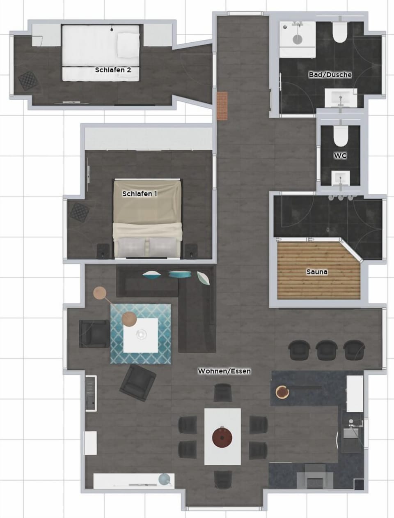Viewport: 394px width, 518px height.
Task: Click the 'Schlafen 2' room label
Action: (113, 70)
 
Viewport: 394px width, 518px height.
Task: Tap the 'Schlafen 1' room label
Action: (140, 193)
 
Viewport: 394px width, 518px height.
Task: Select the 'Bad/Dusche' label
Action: (330, 75)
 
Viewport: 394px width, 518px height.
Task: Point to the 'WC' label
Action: (340, 156)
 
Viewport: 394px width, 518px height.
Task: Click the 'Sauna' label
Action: (317, 272)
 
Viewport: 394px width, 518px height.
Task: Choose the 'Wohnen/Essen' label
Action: (224, 371)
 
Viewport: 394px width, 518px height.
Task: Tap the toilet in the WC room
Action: (340, 136)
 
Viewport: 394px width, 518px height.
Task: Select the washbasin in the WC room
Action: (340, 178)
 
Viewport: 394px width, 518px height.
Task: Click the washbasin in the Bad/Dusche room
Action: (340, 98)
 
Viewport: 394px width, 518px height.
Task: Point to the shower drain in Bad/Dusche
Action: (297, 39)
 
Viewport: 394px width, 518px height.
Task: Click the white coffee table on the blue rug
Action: (141, 335)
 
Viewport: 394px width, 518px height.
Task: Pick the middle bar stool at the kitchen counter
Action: (326, 350)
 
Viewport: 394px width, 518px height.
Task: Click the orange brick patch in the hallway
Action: (222, 106)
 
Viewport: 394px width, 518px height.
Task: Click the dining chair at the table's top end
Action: (222, 392)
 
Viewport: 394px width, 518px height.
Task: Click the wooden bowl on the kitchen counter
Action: (282, 392)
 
